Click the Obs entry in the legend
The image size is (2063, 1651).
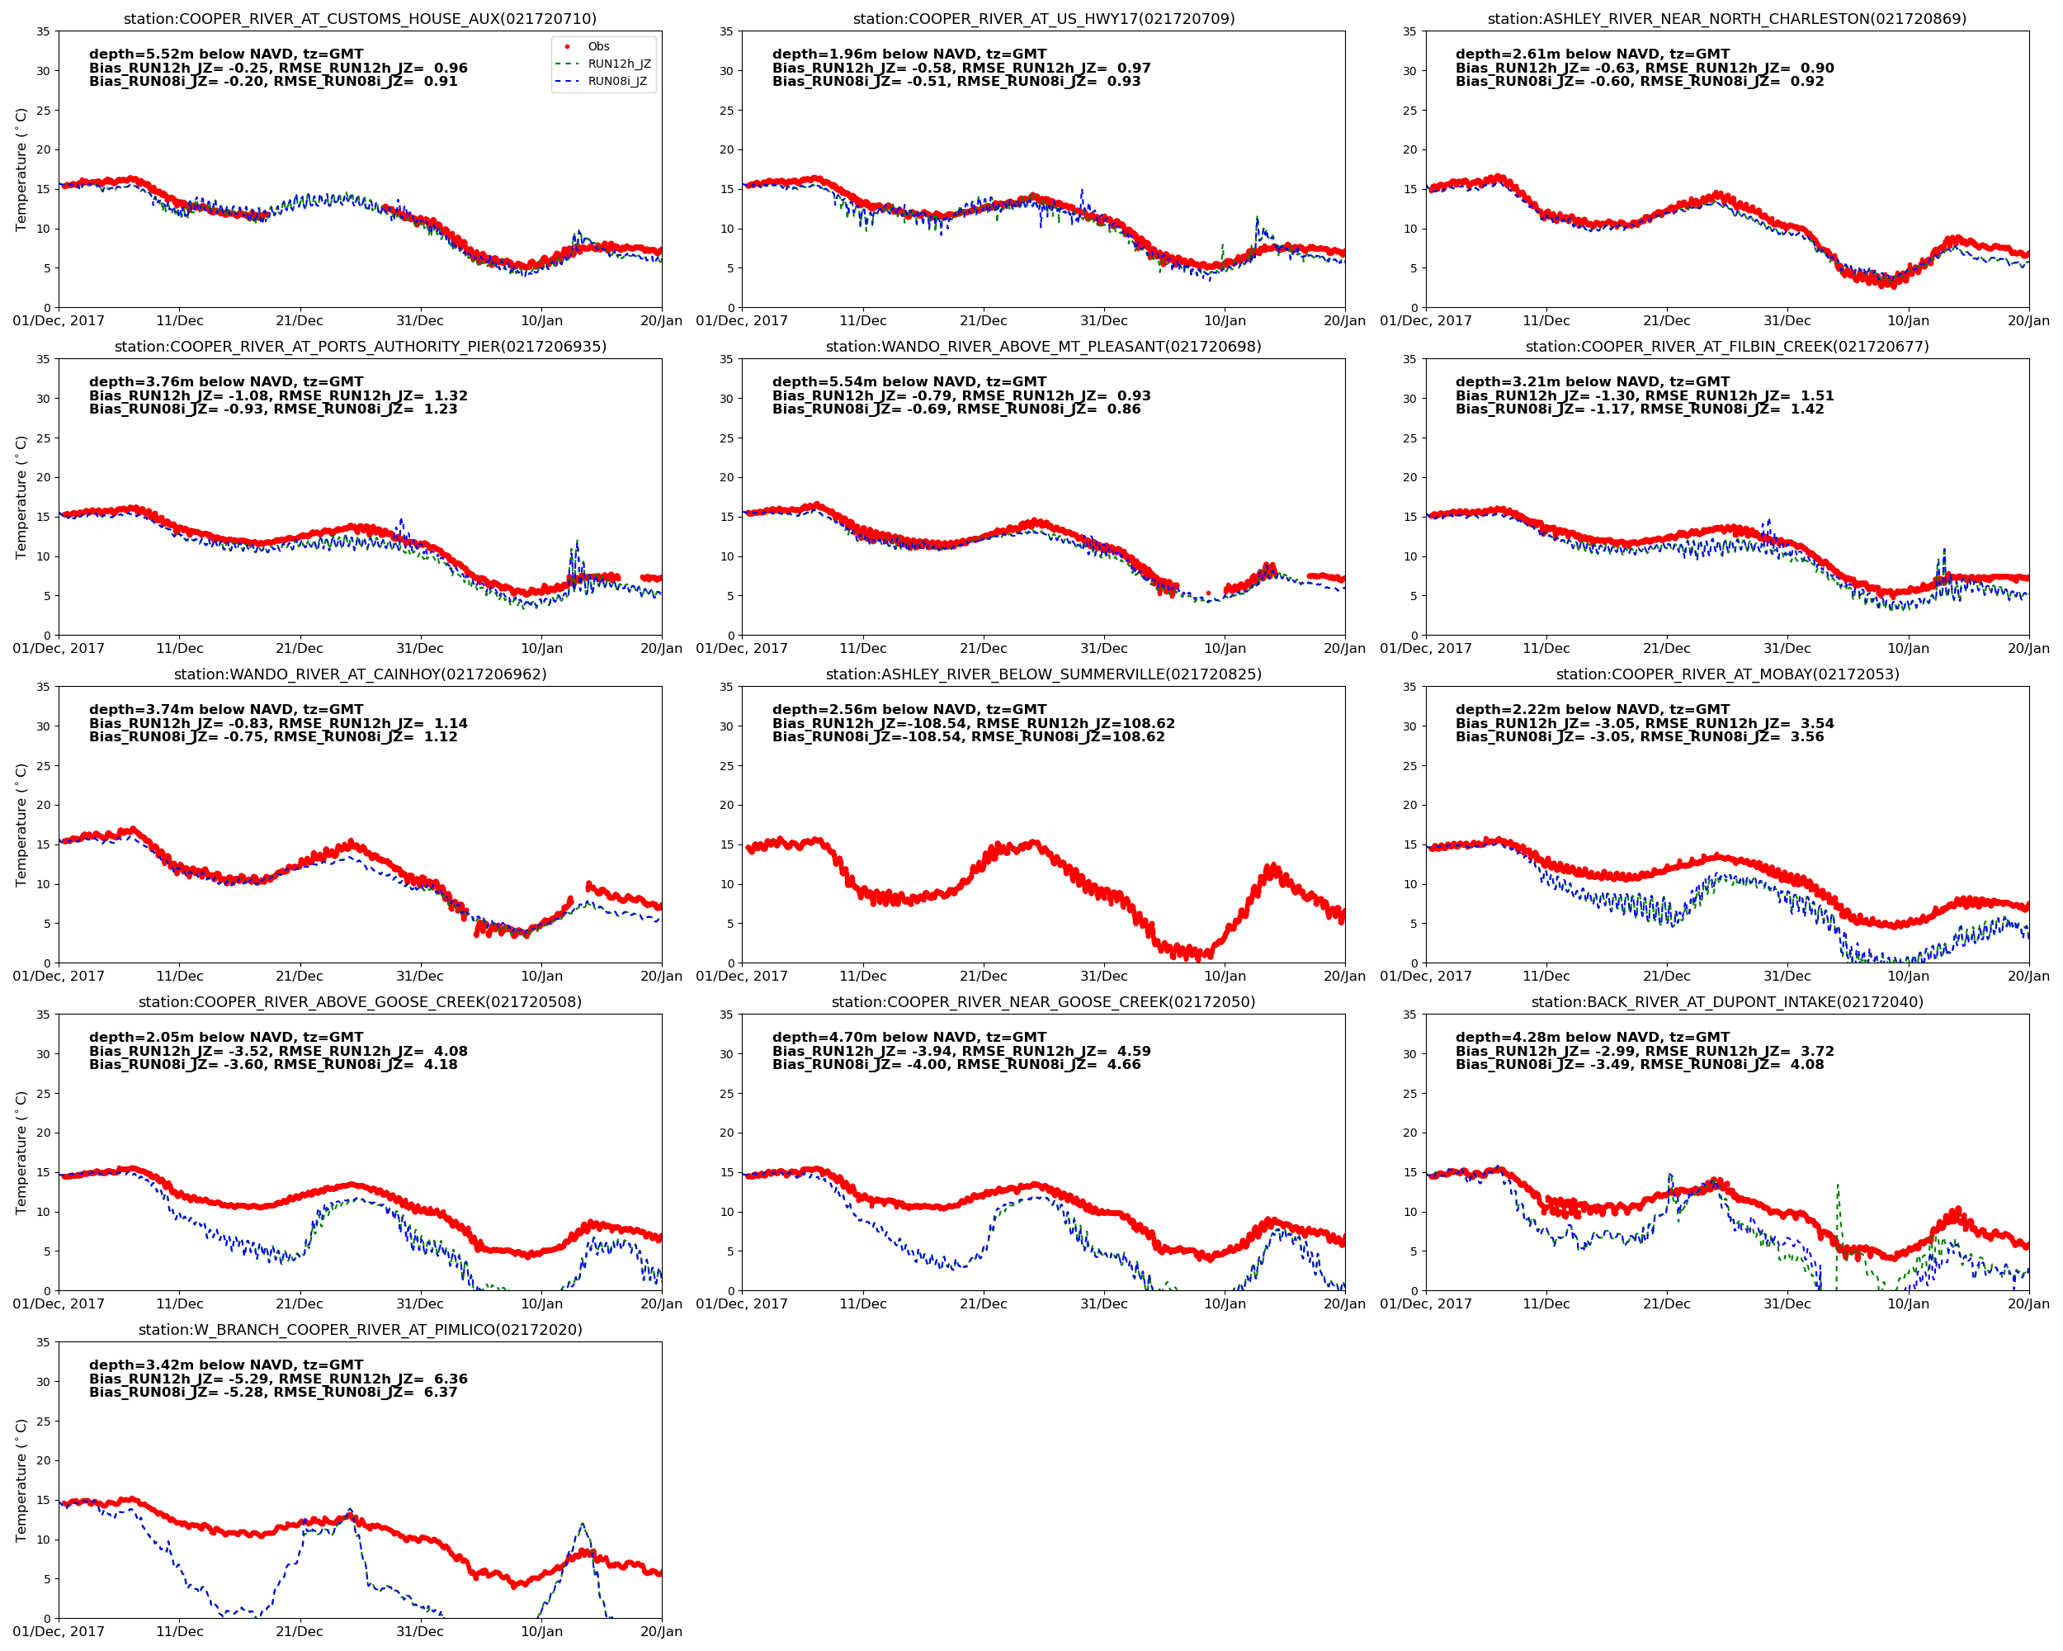click(x=598, y=46)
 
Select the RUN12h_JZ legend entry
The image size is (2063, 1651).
click(x=618, y=64)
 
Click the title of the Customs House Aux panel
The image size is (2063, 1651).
click(x=360, y=18)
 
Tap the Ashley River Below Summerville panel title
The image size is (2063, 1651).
click(x=1043, y=674)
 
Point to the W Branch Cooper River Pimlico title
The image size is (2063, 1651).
click(x=360, y=1329)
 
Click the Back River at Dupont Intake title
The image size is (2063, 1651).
click(x=1726, y=1002)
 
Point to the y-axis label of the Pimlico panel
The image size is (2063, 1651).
click(x=21, y=1479)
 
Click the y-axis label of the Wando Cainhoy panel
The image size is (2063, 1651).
click(x=21, y=825)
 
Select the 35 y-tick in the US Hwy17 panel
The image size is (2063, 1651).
click(x=727, y=31)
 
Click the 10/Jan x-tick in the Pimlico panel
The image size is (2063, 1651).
click(x=541, y=1631)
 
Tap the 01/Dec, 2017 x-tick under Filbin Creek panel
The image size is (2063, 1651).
click(x=1426, y=648)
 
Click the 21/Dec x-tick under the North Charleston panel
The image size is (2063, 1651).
click(x=1666, y=320)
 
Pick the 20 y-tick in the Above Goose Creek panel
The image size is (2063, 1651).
click(x=43, y=1133)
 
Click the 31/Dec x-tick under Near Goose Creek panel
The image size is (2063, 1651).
click(x=1103, y=1303)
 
